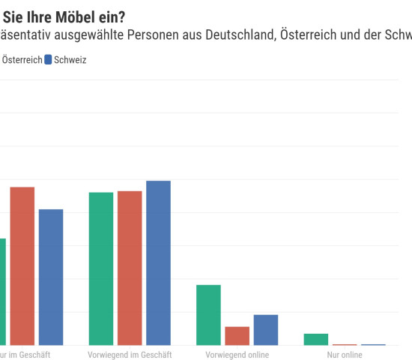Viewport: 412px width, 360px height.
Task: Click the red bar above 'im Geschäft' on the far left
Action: (22, 265)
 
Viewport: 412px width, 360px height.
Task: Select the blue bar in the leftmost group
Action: (51, 277)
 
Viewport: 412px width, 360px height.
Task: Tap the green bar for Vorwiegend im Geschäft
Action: (101, 268)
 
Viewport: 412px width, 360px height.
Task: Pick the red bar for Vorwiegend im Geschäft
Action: (130, 268)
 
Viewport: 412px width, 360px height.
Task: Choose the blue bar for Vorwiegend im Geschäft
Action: (158, 262)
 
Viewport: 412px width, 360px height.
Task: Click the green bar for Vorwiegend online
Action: (208, 315)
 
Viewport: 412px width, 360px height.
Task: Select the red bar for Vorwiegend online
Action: (237, 335)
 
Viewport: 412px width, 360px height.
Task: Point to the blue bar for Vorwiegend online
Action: (265, 329)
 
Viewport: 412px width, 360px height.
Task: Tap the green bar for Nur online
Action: (316, 339)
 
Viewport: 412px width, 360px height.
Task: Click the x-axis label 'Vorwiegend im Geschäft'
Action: (130, 355)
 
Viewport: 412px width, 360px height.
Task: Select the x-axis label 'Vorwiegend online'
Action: (237, 355)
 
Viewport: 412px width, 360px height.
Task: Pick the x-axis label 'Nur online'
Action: (345, 355)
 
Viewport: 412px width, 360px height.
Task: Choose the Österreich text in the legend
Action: (22, 60)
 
